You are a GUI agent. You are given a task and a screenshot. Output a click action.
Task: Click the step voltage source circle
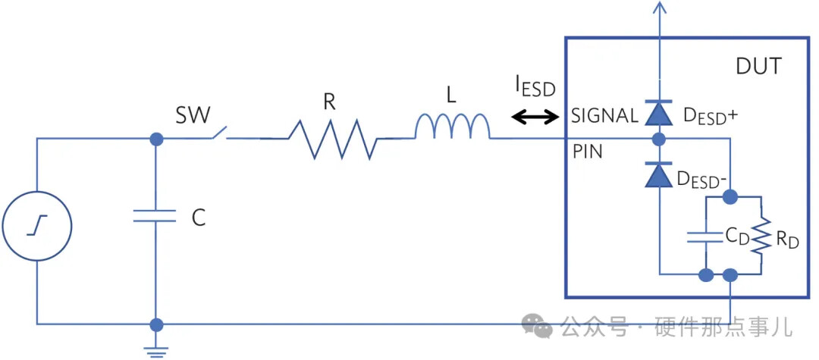click(37, 226)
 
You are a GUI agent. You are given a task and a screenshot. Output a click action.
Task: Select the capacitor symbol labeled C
click(155, 217)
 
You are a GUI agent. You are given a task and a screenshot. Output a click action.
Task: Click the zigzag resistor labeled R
click(331, 139)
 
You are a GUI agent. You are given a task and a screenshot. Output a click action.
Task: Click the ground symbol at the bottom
click(156, 349)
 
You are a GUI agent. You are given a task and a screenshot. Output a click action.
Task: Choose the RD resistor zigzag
click(762, 236)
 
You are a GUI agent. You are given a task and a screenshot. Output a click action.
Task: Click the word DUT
click(758, 67)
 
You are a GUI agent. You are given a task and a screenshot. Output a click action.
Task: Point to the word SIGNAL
click(604, 116)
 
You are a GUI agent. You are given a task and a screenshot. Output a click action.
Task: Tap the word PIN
click(588, 152)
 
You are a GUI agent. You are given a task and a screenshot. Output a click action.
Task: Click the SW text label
click(193, 115)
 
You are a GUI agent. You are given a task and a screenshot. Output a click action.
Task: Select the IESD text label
click(535, 87)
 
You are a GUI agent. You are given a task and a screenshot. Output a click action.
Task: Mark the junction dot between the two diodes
click(658, 139)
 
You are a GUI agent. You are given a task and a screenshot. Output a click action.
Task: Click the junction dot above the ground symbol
click(156, 324)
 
